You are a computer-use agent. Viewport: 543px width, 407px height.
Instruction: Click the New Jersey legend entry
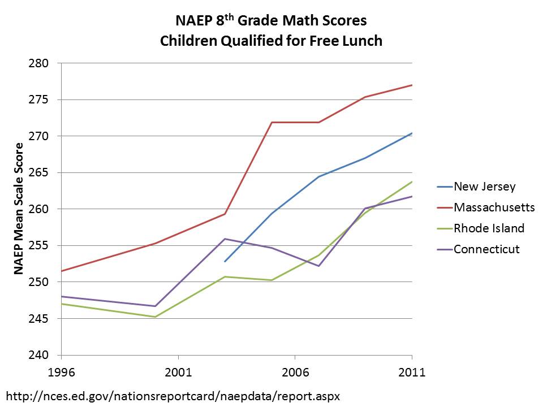485,187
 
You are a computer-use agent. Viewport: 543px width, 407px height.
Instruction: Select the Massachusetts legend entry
494,207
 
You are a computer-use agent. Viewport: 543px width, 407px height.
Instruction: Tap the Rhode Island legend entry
489,228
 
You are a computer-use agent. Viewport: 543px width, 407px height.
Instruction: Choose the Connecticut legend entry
486,249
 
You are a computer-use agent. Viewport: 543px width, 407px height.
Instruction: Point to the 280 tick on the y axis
44,63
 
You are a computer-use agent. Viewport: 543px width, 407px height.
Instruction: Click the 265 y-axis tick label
44,173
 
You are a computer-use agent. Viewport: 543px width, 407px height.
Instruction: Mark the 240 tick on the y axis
44,356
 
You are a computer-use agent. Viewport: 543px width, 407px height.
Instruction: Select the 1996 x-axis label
61,373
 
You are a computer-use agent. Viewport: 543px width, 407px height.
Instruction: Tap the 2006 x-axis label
295,373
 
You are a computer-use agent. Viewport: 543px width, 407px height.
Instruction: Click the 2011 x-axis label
412,373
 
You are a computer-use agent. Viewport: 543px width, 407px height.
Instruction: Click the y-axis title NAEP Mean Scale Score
19,209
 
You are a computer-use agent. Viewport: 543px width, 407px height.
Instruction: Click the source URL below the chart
173,395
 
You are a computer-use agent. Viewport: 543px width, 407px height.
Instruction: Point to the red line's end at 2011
412,85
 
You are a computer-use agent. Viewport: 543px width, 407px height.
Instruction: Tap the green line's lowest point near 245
155,317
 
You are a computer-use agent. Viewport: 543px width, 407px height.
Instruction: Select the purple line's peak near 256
225,239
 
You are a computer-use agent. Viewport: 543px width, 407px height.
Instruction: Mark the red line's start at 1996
61,271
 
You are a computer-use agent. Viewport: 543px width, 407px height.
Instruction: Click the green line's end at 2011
412,181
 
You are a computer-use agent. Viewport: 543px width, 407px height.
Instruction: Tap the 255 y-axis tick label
44,246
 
